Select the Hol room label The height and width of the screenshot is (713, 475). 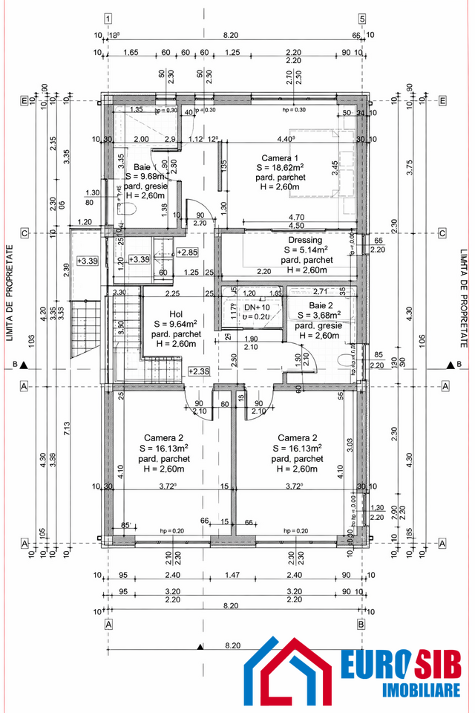(x=175, y=314)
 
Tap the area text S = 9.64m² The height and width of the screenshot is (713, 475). (x=175, y=324)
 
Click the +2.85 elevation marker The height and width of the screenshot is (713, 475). (x=187, y=253)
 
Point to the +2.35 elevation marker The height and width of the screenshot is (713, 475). (x=198, y=371)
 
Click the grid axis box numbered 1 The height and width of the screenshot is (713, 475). (x=109, y=19)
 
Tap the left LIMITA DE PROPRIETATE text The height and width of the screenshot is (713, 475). (x=10, y=295)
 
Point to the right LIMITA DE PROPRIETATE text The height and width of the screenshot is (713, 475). (x=465, y=295)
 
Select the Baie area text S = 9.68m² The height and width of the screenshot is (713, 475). (x=145, y=177)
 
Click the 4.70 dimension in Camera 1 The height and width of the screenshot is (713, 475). (x=295, y=218)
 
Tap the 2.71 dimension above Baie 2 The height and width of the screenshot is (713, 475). (x=321, y=292)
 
